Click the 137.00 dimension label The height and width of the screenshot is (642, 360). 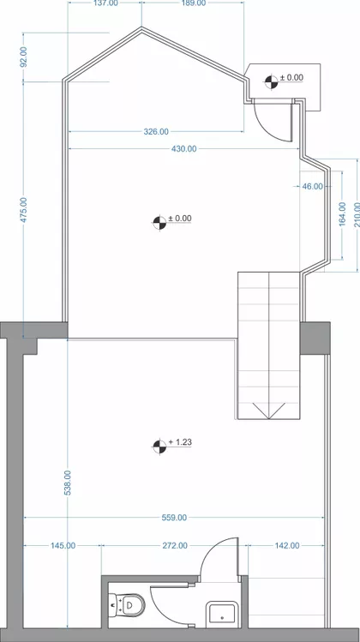tap(106, 3)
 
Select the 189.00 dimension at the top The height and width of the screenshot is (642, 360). tap(194, 3)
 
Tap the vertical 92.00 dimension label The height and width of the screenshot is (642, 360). tap(24, 57)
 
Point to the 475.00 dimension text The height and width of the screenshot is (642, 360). tap(24, 210)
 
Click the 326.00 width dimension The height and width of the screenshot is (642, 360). tap(156, 132)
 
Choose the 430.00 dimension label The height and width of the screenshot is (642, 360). tap(184, 149)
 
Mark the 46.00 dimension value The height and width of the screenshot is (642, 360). tap(313, 187)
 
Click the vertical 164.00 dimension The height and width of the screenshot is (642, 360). tap(343, 214)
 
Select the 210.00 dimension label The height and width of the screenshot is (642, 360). tap(357, 214)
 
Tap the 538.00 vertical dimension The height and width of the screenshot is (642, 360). tap(68, 483)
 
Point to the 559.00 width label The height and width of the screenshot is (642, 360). tap(174, 518)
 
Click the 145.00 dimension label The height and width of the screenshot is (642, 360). tap(63, 546)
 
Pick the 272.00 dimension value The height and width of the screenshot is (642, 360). tap(175, 546)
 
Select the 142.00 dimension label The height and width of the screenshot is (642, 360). tap(286, 546)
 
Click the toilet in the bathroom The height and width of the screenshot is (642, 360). tap(127, 605)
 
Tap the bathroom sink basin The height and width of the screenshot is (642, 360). tap(222, 615)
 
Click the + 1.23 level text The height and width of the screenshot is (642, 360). tap(180, 442)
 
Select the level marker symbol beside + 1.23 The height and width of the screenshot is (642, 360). tap(159, 447)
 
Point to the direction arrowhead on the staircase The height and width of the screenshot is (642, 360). tap(268, 411)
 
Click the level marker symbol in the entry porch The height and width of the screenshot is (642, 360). tap(271, 82)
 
